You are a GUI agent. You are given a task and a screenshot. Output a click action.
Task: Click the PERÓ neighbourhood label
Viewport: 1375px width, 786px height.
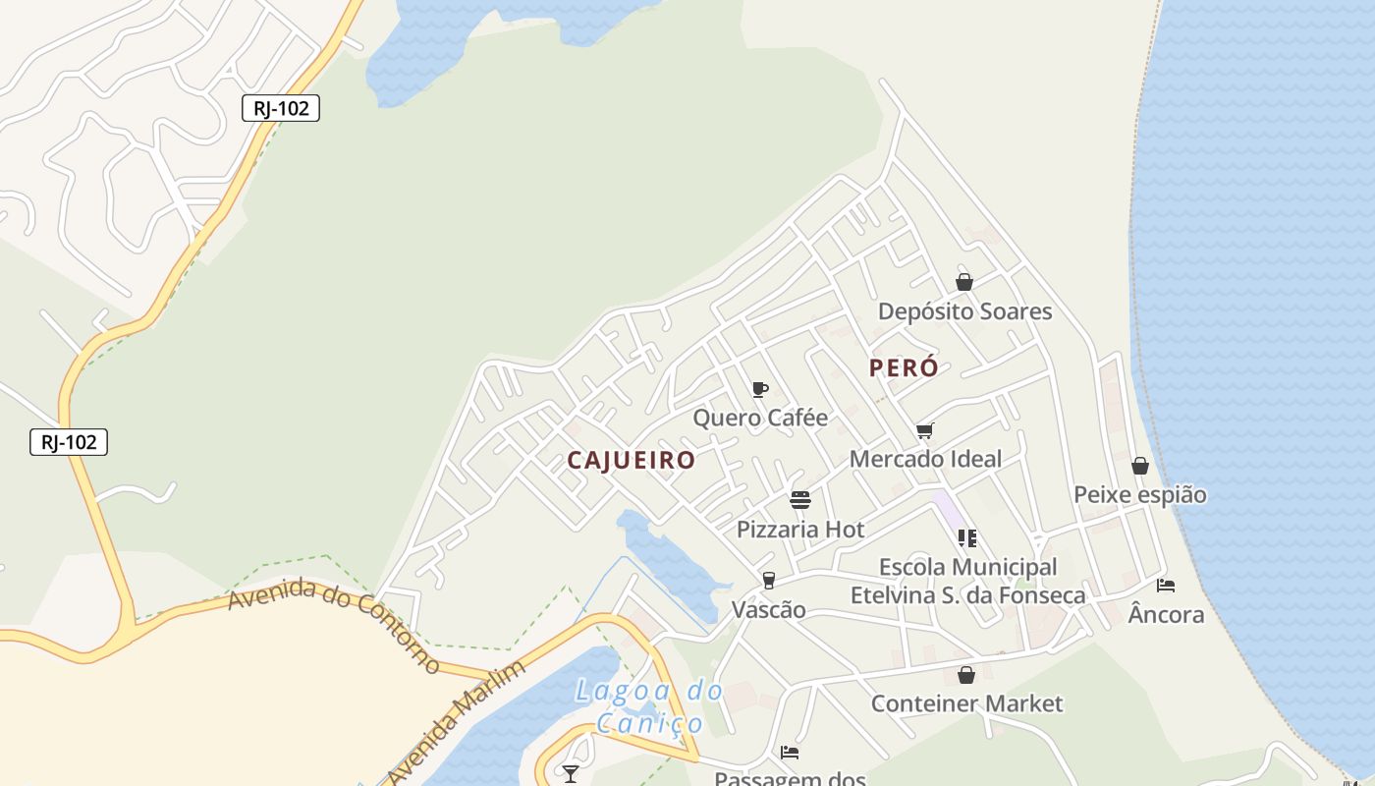[x=904, y=368]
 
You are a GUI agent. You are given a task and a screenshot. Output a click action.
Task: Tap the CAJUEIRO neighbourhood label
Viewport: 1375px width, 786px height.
[x=632, y=460]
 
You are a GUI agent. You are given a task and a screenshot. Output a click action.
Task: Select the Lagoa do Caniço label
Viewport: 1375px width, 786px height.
[x=649, y=706]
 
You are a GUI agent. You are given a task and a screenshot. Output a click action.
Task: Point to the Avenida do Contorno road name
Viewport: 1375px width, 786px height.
[x=334, y=624]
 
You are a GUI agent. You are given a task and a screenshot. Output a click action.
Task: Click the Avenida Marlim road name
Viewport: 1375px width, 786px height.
[x=454, y=723]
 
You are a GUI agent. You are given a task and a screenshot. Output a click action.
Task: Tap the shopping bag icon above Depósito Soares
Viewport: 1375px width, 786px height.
[x=964, y=283]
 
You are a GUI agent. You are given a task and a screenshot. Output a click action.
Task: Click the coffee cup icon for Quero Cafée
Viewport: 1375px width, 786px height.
[x=759, y=389]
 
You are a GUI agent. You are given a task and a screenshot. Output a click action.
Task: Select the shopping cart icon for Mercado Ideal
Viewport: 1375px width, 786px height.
[x=924, y=430]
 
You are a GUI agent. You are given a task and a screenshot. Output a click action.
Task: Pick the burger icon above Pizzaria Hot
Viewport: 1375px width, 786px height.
[x=800, y=500]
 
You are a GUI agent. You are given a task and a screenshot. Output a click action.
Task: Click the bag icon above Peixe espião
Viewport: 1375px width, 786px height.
[x=1140, y=466]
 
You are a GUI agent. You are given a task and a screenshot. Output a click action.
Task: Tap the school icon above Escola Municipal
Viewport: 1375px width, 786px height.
[x=967, y=537]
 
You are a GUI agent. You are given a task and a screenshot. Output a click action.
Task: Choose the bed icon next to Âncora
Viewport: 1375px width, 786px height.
[x=1166, y=586]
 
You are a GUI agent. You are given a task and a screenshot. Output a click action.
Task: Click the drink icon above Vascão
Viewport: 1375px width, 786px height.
[x=769, y=581]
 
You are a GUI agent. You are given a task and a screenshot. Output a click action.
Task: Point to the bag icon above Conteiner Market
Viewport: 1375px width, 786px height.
[x=966, y=675]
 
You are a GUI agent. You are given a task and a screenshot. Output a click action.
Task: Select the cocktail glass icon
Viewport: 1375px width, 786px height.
[x=571, y=774]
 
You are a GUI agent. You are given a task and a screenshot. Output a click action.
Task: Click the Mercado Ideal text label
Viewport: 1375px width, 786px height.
[x=925, y=459]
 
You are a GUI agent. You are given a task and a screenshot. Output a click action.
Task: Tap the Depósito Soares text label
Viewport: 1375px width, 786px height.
[x=964, y=311]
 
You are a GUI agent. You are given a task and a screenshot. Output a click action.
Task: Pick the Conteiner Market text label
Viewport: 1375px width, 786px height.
[x=966, y=703]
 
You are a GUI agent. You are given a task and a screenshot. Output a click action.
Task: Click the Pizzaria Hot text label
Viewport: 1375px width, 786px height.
[x=800, y=530]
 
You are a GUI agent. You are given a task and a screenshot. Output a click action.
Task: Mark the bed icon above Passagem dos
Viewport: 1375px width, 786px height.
[x=790, y=753]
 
